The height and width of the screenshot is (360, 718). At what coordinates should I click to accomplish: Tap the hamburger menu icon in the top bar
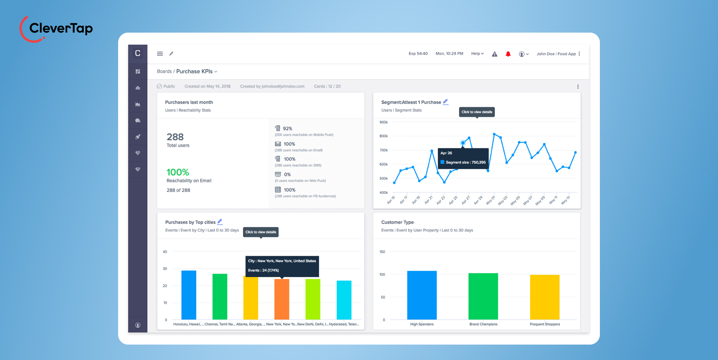click(160, 54)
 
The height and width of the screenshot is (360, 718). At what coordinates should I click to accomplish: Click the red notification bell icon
click(508, 54)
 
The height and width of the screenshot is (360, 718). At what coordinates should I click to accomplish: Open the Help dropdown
click(477, 54)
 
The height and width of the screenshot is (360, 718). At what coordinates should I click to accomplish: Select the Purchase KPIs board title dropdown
click(196, 72)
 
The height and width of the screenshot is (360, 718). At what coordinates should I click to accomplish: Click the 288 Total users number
click(175, 137)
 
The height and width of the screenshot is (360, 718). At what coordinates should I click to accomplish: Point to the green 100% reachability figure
click(178, 172)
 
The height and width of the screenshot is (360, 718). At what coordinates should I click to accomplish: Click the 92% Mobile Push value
click(287, 129)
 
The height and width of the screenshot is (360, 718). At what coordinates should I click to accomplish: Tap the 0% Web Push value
click(287, 175)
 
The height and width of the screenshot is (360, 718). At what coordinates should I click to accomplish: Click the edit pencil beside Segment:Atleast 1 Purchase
click(445, 102)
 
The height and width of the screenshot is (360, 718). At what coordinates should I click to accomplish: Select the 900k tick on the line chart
click(383, 122)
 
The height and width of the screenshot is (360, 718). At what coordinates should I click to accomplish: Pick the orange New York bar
click(282, 299)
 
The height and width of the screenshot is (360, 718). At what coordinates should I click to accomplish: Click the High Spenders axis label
click(422, 324)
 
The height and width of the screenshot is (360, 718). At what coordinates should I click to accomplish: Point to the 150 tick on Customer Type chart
click(382, 252)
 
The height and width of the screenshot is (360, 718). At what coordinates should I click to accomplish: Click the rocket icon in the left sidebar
click(138, 137)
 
